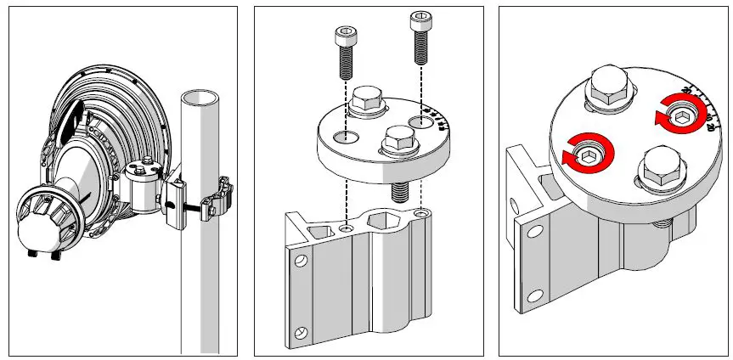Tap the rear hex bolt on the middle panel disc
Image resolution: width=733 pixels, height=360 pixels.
click(x=366, y=103)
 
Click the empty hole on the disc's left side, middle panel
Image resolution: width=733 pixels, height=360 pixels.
click(x=345, y=137)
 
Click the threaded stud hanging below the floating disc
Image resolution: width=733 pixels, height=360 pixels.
click(x=398, y=189)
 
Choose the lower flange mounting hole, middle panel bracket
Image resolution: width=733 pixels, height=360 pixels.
click(x=299, y=332)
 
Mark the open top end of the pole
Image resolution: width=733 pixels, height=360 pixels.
click(x=200, y=96)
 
